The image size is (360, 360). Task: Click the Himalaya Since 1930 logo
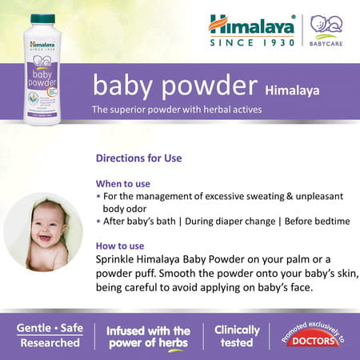pyautogui.click(x=252, y=30)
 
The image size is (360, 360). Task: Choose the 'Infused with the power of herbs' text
pyautogui.click(x=148, y=336)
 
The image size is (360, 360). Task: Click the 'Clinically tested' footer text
pyautogui.click(x=237, y=336)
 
